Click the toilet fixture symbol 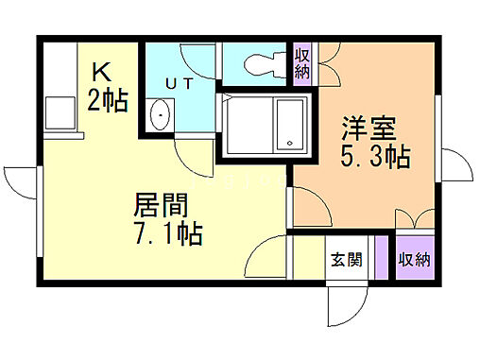(x=259, y=62)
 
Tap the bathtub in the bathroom (x=258, y=124)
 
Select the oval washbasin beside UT (x=161, y=119)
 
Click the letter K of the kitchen (x=101, y=71)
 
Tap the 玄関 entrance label (x=344, y=259)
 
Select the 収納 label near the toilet (x=302, y=63)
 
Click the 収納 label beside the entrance (x=414, y=258)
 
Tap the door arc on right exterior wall (x=457, y=166)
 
